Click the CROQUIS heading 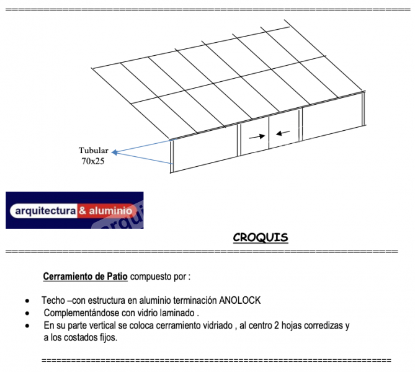[x=261, y=237]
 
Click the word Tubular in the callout [x=94, y=150]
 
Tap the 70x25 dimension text [x=93, y=161]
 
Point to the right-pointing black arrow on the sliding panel [x=257, y=136]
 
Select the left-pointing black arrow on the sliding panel [x=283, y=133]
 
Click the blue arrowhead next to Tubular [x=115, y=152]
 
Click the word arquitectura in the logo [x=45, y=211]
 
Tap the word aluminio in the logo [x=110, y=211]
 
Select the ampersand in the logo [x=83, y=211]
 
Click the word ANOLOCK [x=240, y=300]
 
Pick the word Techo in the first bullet [x=53, y=300]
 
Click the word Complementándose [x=81, y=313]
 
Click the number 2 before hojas [x=277, y=325]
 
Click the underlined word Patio [x=117, y=277]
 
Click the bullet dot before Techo [x=27, y=301]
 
